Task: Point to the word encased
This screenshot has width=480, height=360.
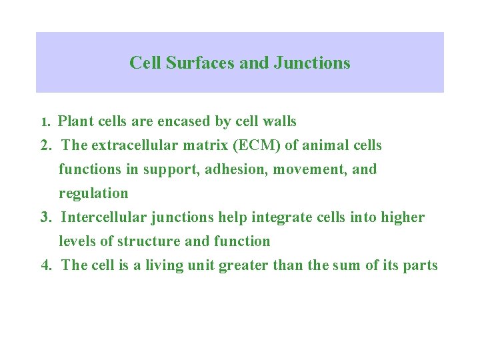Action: (184, 122)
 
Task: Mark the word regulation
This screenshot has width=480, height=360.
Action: (93, 194)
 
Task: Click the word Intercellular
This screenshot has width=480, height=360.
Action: (103, 217)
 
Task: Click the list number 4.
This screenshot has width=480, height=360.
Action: (46, 265)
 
